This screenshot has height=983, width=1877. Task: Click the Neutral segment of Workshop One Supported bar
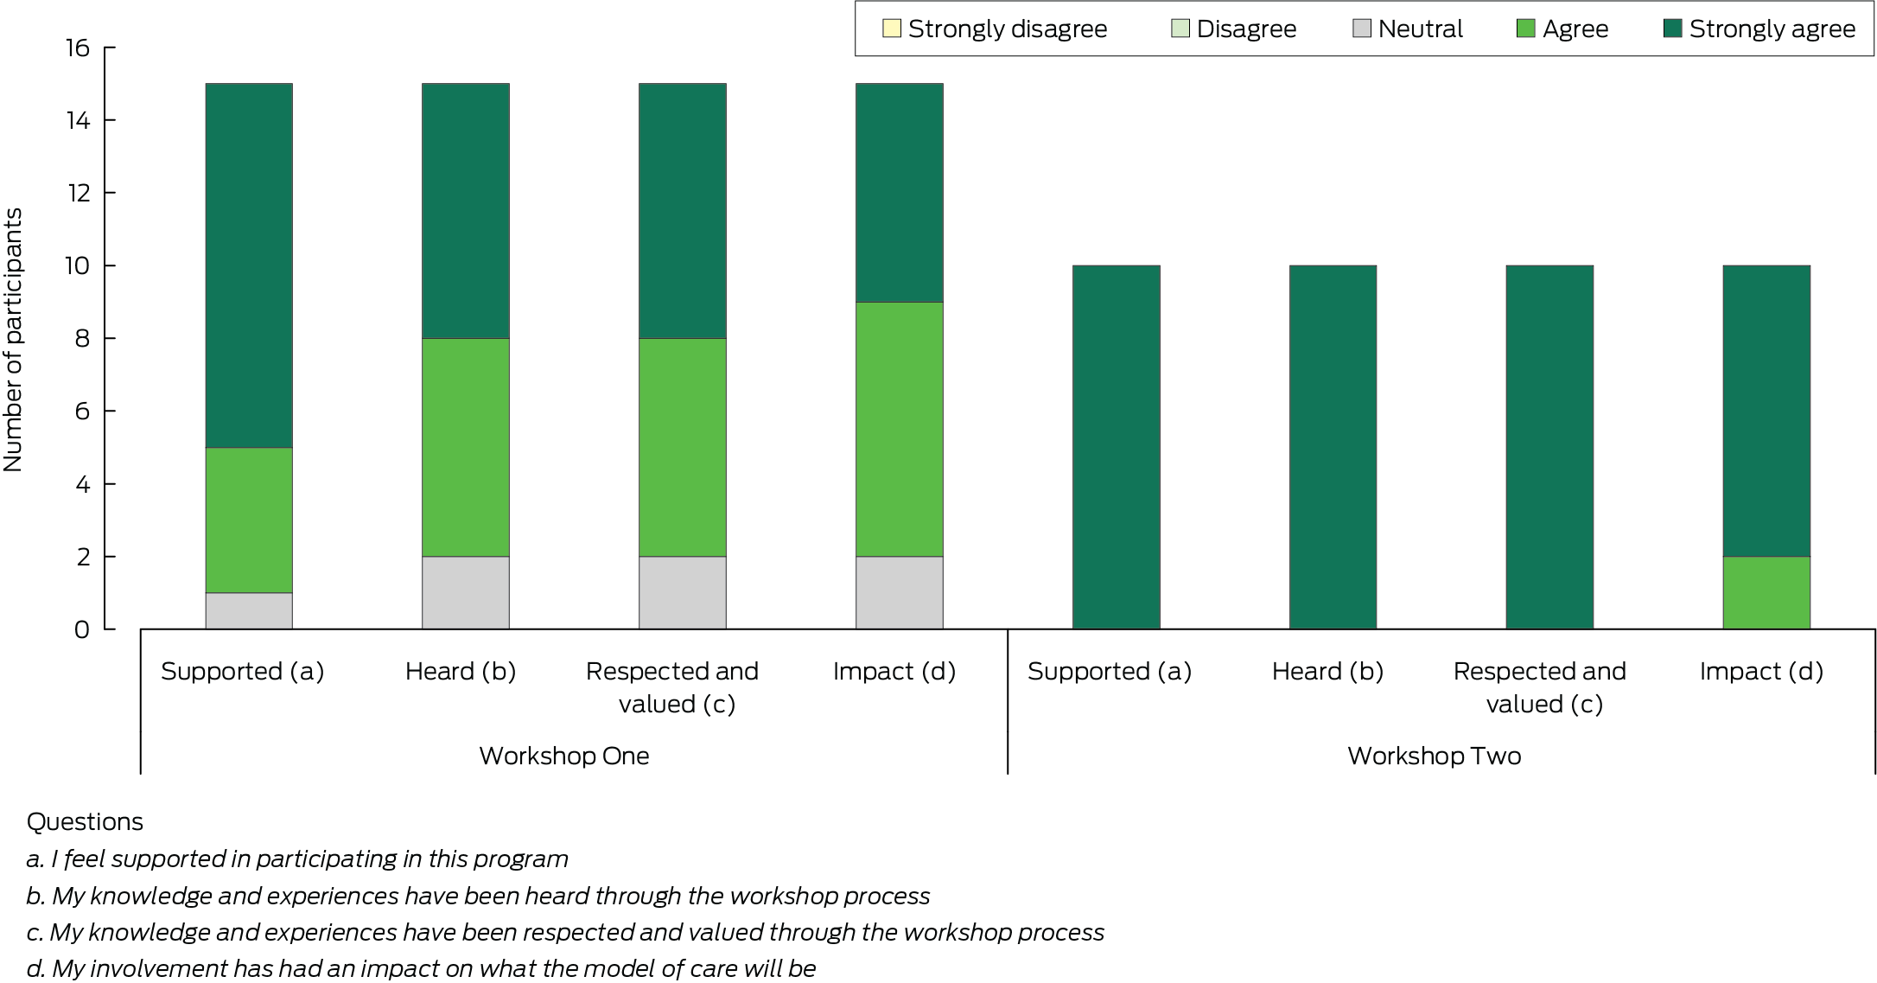coord(249,610)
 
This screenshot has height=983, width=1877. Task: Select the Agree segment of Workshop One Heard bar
coord(466,447)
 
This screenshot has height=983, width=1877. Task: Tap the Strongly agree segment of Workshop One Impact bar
coord(899,193)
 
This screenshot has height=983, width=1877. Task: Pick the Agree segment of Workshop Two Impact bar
coord(1766,592)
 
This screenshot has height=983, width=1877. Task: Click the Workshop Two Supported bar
coord(1116,447)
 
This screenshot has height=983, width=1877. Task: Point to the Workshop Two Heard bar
coord(1333,447)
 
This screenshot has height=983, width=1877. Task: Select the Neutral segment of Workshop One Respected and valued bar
coord(683,592)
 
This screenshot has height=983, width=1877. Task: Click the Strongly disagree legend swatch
coord(891,29)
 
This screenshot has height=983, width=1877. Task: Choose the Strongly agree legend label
coord(1772,29)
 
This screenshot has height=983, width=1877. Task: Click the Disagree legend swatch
coord(1180,29)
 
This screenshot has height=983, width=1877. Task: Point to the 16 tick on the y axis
coord(78,48)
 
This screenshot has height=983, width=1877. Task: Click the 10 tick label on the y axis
coord(78,265)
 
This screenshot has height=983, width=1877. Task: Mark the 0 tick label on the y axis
coord(82,629)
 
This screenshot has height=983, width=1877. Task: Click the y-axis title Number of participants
coord(13,340)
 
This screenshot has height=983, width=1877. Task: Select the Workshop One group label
coord(563,756)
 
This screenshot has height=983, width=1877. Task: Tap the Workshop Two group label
coord(1434,756)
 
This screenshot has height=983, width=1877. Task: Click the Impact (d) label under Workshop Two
coord(1761,671)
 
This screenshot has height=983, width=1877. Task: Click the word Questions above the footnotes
coord(85,821)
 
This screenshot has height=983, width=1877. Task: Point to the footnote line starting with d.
coord(421,968)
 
